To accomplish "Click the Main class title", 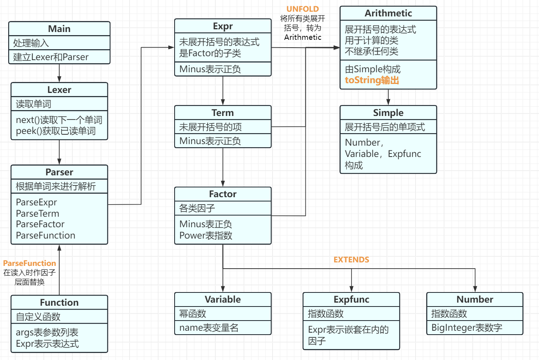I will click(59, 29).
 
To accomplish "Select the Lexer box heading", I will click(59, 90).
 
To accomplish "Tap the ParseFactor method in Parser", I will click(40, 224).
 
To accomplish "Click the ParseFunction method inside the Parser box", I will click(46, 235).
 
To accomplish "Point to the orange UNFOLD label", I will click(302, 9).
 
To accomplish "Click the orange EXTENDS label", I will click(351, 260).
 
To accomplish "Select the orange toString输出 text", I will click(372, 80).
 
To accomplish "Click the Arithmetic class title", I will click(388, 13).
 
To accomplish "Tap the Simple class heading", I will click(388, 113).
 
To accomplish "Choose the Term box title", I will click(223, 113).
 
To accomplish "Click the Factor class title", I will click(223, 194).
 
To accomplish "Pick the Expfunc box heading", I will click(351, 299).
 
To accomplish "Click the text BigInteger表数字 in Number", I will click(467, 328).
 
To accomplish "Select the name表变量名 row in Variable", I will click(209, 328).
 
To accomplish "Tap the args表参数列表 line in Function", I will click(47, 332).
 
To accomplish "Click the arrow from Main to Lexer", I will click(59, 73).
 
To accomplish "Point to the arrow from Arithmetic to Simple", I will click(388, 97).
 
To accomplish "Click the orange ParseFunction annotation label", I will click(30, 263).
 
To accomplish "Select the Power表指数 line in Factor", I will click(206, 235).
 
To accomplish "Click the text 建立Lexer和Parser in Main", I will click(51, 57).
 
